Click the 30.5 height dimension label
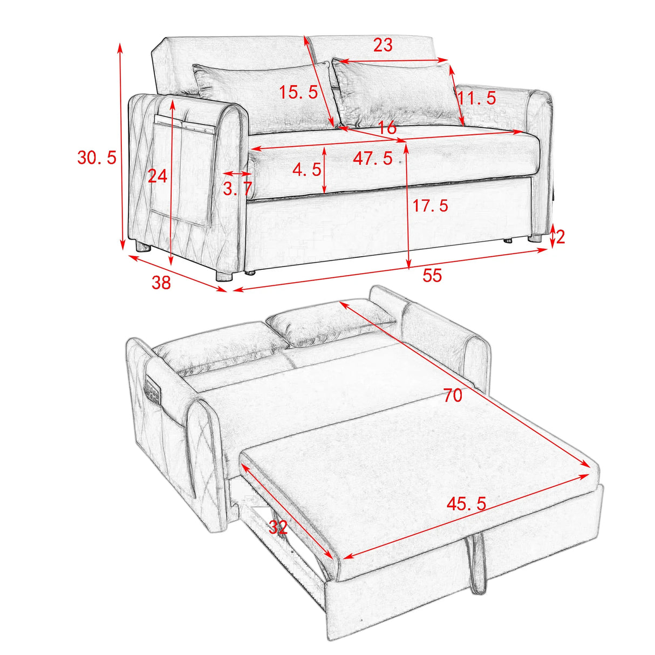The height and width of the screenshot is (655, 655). pyautogui.click(x=97, y=158)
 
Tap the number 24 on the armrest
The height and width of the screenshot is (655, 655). pyautogui.click(x=158, y=176)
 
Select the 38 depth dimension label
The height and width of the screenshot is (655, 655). pyautogui.click(x=161, y=282)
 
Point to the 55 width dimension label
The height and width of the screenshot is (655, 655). pyautogui.click(x=432, y=276)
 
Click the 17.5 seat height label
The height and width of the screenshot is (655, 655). pyautogui.click(x=430, y=206)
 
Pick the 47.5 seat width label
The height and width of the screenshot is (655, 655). pyautogui.click(x=373, y=159)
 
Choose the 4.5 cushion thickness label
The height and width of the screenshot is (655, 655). pyautogui.click(x=307, y=170)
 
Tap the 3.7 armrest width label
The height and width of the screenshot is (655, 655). pyautogui.click(x=237, y=189)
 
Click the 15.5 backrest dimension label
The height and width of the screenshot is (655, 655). pyautogui.click(x=298, y=92)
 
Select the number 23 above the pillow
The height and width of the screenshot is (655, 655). pyautogui.click(x=383, y=45)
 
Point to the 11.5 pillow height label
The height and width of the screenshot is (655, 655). pyautogui.click(x=476, y=98)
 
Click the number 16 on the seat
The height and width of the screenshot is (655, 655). pyautogui.click(x=387, y=128)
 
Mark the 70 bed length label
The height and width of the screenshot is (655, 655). pyautogui.click(x=453, y=396)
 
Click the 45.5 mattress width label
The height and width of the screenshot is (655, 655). pyautogui.click(x=466, y=504)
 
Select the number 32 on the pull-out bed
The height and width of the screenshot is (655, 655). pyautogui.click(x=277, y=527)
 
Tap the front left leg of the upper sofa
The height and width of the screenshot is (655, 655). pyautogui.click(x=224, y=276)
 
